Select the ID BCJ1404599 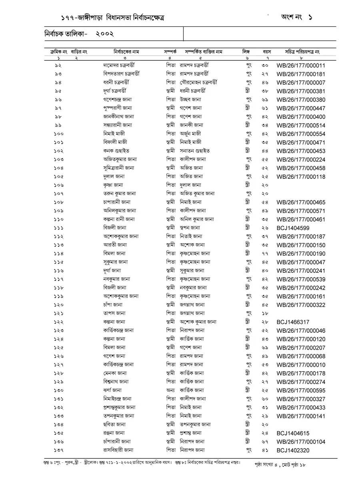point(293,228)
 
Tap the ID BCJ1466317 point(293,322)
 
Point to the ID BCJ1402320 point(293,450)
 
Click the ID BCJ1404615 point(293,433)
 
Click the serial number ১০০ point(58,134)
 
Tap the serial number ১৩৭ point(58,450)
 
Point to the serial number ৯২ point(58,65)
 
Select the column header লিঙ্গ point(246,52)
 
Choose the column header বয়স point(266,52)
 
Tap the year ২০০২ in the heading point(105,34)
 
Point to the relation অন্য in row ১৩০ point(170,390)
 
